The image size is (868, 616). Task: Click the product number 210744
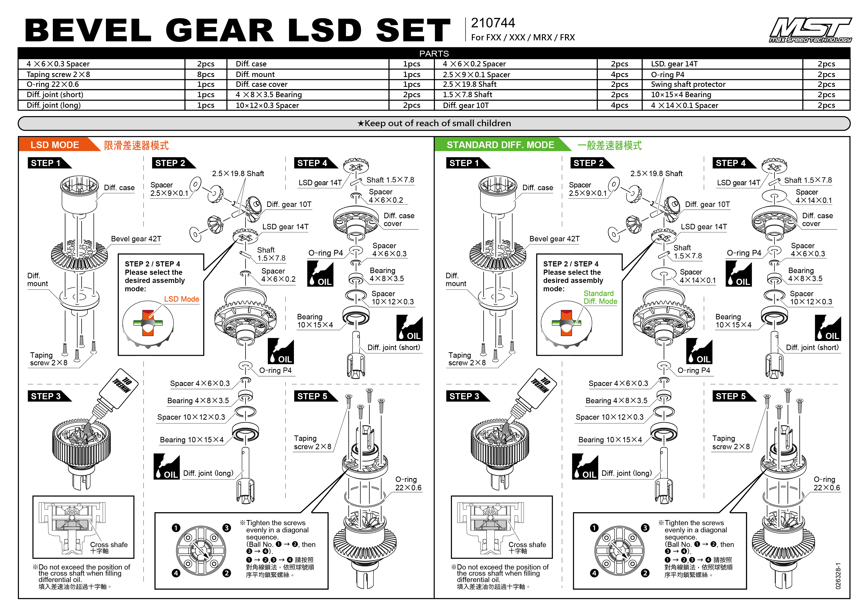[492, 23]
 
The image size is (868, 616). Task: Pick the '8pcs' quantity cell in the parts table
[206, 74]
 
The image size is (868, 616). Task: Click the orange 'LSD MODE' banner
[55, 145]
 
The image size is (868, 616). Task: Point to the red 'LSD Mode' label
[181, 299]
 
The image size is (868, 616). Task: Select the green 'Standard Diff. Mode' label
[600, 297]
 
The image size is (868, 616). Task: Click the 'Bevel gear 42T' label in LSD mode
[136, 239]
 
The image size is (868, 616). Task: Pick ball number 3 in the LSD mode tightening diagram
[227, 528]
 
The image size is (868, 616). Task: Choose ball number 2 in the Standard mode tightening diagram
[645, 573]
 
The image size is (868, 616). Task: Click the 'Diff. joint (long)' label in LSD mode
[208, 473]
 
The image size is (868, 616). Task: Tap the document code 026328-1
[838, 576]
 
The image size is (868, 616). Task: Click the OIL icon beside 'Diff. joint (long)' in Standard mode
[585, 467]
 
